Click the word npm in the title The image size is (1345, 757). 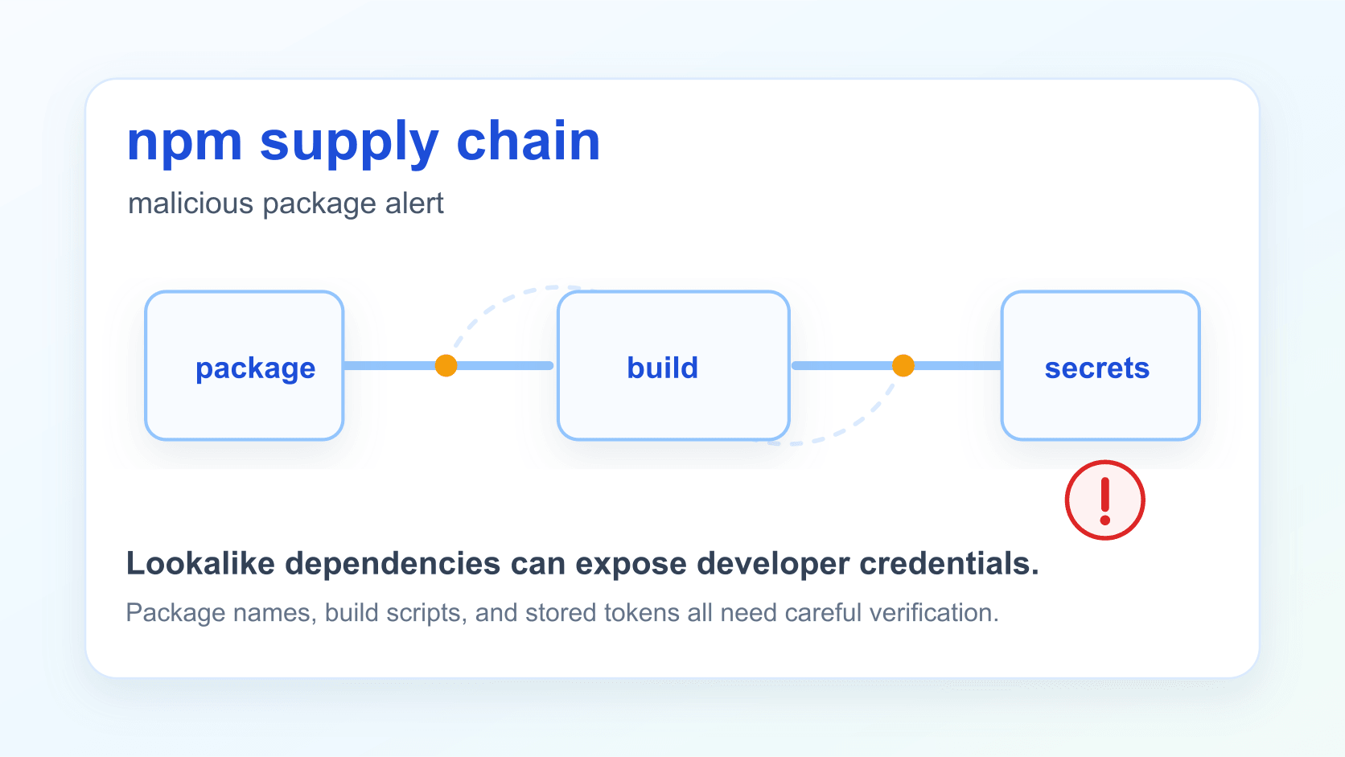(x=184, y=144)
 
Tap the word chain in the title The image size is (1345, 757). (x=529, y=141)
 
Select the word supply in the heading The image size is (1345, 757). (x=349, y=144)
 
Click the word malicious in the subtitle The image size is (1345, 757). (x=191, y=203)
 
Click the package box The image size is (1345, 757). (x=245, y=365)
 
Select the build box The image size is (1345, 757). (x=673, y=365)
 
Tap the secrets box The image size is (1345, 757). (x=1100, y=365)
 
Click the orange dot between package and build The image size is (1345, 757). (x=446, y=365)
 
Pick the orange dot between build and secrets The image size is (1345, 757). (x=903, y=365)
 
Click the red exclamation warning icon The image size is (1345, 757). (x=1104, y=500)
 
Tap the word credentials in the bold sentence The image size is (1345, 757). (x=948, y=563)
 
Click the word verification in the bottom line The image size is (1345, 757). (x=934, y=612)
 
